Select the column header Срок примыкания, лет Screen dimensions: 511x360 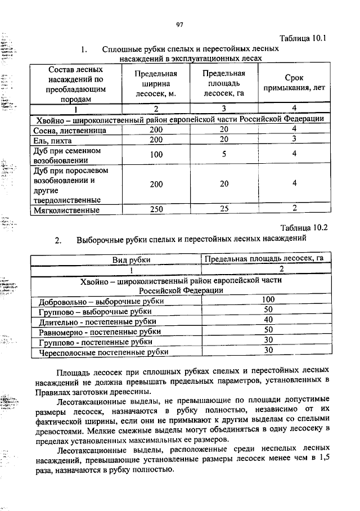tap(294, 84)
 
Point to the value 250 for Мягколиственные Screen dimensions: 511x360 tap(156, 209)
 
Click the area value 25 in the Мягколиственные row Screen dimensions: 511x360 tap(224, 209)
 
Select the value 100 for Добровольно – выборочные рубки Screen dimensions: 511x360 tap(268, 299)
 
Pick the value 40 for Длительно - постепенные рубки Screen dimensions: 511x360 tap(268, 320)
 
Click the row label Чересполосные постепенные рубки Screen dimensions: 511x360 tap(103, 353)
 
